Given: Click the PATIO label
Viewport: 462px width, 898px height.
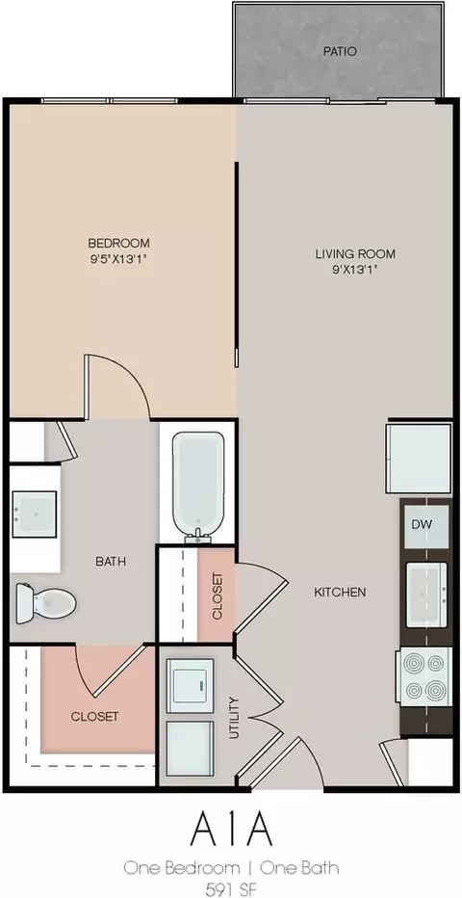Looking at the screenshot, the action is click(340, 51).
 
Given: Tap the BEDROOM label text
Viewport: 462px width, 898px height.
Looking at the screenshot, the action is click(118, 242).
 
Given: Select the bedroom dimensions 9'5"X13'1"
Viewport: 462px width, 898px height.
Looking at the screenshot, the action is click(118, 258).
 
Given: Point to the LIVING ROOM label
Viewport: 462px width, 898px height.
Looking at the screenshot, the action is click(355, 253).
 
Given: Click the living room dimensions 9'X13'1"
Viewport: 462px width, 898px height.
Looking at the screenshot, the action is click(355, 270).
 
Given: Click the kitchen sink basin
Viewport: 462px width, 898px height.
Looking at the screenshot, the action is click(426, 594).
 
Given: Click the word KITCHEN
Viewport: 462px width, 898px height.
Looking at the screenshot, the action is click(340, 593).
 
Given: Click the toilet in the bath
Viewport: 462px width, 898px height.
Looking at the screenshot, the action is click(46, 602).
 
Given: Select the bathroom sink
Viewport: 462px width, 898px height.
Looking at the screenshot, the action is click(35, 515).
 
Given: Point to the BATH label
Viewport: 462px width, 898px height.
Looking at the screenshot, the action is click(111, 561).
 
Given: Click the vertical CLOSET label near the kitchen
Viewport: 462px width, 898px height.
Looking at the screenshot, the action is click(217, 595).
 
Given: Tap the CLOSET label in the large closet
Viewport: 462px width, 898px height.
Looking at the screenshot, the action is click(94, 717).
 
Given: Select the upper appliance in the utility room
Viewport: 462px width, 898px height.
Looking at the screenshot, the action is click(190, 685).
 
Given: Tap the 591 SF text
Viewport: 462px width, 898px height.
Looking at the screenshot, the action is click(231, 888).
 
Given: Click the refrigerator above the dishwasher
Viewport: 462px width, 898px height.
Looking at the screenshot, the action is click(419, 459).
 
